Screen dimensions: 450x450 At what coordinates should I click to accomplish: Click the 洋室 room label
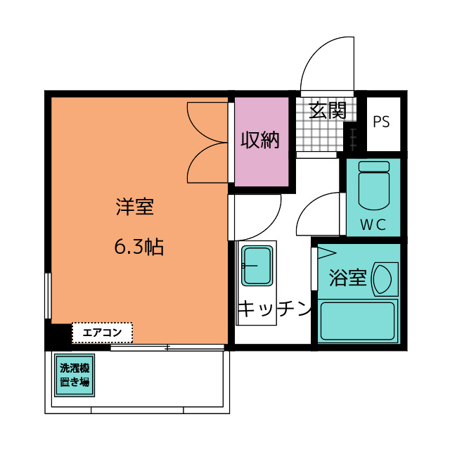point(135,207)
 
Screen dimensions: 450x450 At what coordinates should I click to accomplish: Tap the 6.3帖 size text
point(139,247)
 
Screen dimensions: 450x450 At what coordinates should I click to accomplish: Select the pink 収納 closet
point(262,142)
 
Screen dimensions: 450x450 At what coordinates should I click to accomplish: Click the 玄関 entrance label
point(328,110)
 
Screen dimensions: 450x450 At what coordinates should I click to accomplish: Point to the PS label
point(381,122)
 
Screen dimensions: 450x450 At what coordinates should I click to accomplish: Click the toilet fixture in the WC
point(374,186)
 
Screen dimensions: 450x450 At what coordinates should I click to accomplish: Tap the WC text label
point(373,225)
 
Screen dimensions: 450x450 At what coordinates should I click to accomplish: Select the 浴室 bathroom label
point(348,278)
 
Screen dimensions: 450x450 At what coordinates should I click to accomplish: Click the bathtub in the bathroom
point(358,321)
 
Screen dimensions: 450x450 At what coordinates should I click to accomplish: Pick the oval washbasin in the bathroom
point(382,279)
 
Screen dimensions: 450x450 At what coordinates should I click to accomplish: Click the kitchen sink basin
point(257,266)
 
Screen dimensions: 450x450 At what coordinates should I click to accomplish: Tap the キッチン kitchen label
point(275,309)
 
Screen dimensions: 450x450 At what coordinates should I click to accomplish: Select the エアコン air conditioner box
point(102,333)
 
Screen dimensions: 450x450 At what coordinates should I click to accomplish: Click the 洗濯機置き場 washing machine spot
point(75,375)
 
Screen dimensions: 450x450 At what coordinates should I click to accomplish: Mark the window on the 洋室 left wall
point(48,295)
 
